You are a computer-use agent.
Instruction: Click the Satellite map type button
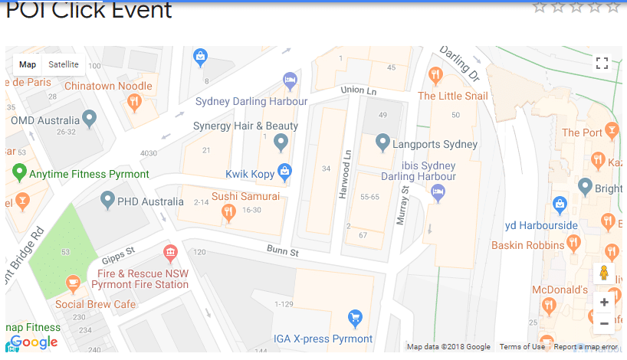(x=64, y=64)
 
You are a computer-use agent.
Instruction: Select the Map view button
(x=28, y=64)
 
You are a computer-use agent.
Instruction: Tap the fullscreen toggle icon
(x=602, y=64)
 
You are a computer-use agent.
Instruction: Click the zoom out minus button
(x=604, y=323)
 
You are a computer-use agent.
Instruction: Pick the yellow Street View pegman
(x=604, y=273)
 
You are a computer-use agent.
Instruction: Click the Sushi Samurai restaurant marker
(x=228, y=214)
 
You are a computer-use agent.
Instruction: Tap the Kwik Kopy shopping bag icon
(x=284, y=172)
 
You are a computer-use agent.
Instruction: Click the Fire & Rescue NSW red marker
(x=170, y=252)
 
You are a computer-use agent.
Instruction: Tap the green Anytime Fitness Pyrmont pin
(x=20, y=172)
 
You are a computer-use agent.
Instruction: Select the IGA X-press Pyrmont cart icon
(x=354, y=317)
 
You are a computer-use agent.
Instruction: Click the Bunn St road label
(x=283, y=250)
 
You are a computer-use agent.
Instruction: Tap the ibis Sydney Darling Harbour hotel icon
(x=438, y=192)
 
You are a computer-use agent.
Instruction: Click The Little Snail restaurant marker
(x=435, y=75)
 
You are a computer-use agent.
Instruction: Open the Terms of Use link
(x=522, y=347)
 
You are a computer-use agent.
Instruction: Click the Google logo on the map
(x=33, y=342)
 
